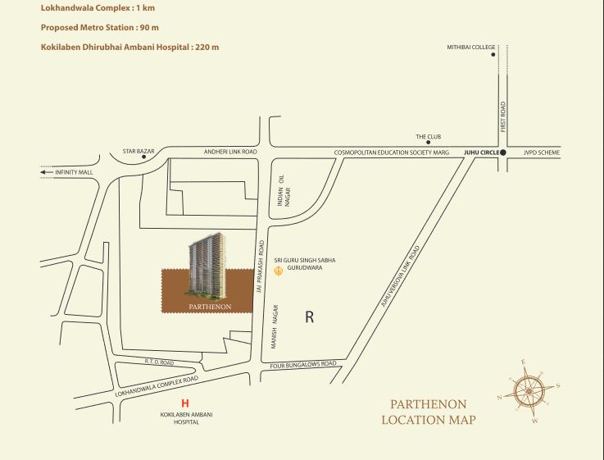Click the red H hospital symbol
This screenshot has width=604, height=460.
coord(184,403)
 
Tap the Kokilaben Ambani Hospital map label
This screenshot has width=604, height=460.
coord(184,419)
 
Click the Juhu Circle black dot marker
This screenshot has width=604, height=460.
coord(503,153)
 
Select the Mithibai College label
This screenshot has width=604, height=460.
coord(471,48)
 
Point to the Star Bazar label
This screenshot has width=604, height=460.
coord(139,152)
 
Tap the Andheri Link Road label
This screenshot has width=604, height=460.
coord(230,152)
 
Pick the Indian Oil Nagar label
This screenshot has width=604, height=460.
coord(284,197)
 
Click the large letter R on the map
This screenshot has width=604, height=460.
coord(309,317)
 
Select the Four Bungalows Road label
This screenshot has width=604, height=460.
coord(303,363)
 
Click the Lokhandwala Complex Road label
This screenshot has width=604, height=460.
coord(157,387)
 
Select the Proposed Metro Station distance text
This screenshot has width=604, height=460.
coord(100,27)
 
